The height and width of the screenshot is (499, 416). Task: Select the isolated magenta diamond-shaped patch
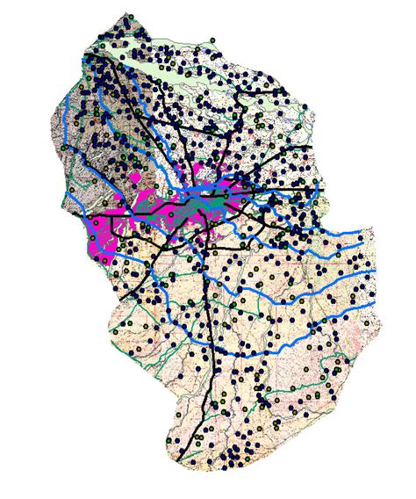(135, 178)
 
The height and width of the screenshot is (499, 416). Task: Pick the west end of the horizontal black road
(85, 214)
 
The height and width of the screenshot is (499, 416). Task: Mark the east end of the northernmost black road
(306, 132)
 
